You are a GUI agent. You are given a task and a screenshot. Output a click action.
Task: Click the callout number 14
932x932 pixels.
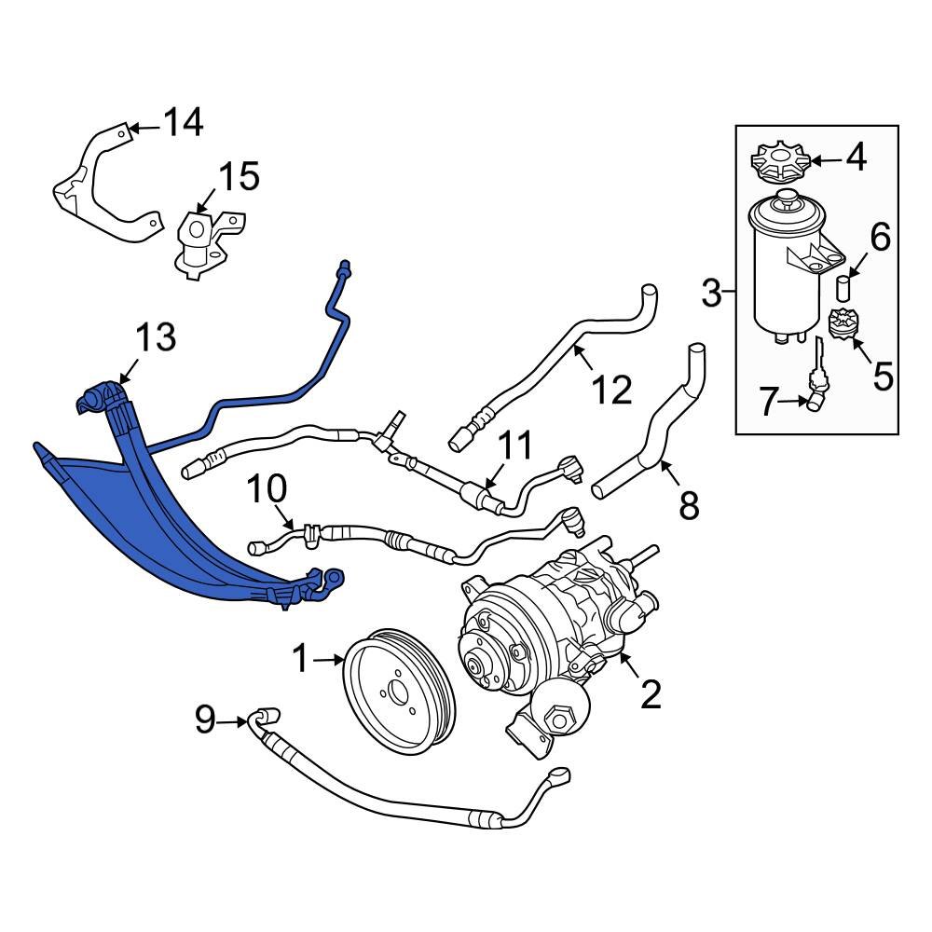(x=183, y=122)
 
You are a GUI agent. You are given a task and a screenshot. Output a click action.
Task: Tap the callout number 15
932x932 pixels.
(x=239, y=176)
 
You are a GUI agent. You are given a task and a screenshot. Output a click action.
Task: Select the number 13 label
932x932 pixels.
(x=156, y=337)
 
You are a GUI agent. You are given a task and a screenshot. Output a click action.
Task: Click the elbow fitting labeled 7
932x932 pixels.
(x=817, y=400)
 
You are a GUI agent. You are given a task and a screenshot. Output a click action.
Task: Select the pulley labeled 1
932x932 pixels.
(x=398, y=691)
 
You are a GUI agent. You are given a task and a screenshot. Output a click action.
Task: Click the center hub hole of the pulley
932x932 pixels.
(x=398, y=692)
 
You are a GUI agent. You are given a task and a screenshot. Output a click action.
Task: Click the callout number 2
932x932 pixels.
(x=650, y=693)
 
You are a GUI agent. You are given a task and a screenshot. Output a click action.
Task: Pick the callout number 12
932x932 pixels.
(x=612, y=389)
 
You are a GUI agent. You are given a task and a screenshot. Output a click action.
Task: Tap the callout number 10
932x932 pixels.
(x=268, y=488)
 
